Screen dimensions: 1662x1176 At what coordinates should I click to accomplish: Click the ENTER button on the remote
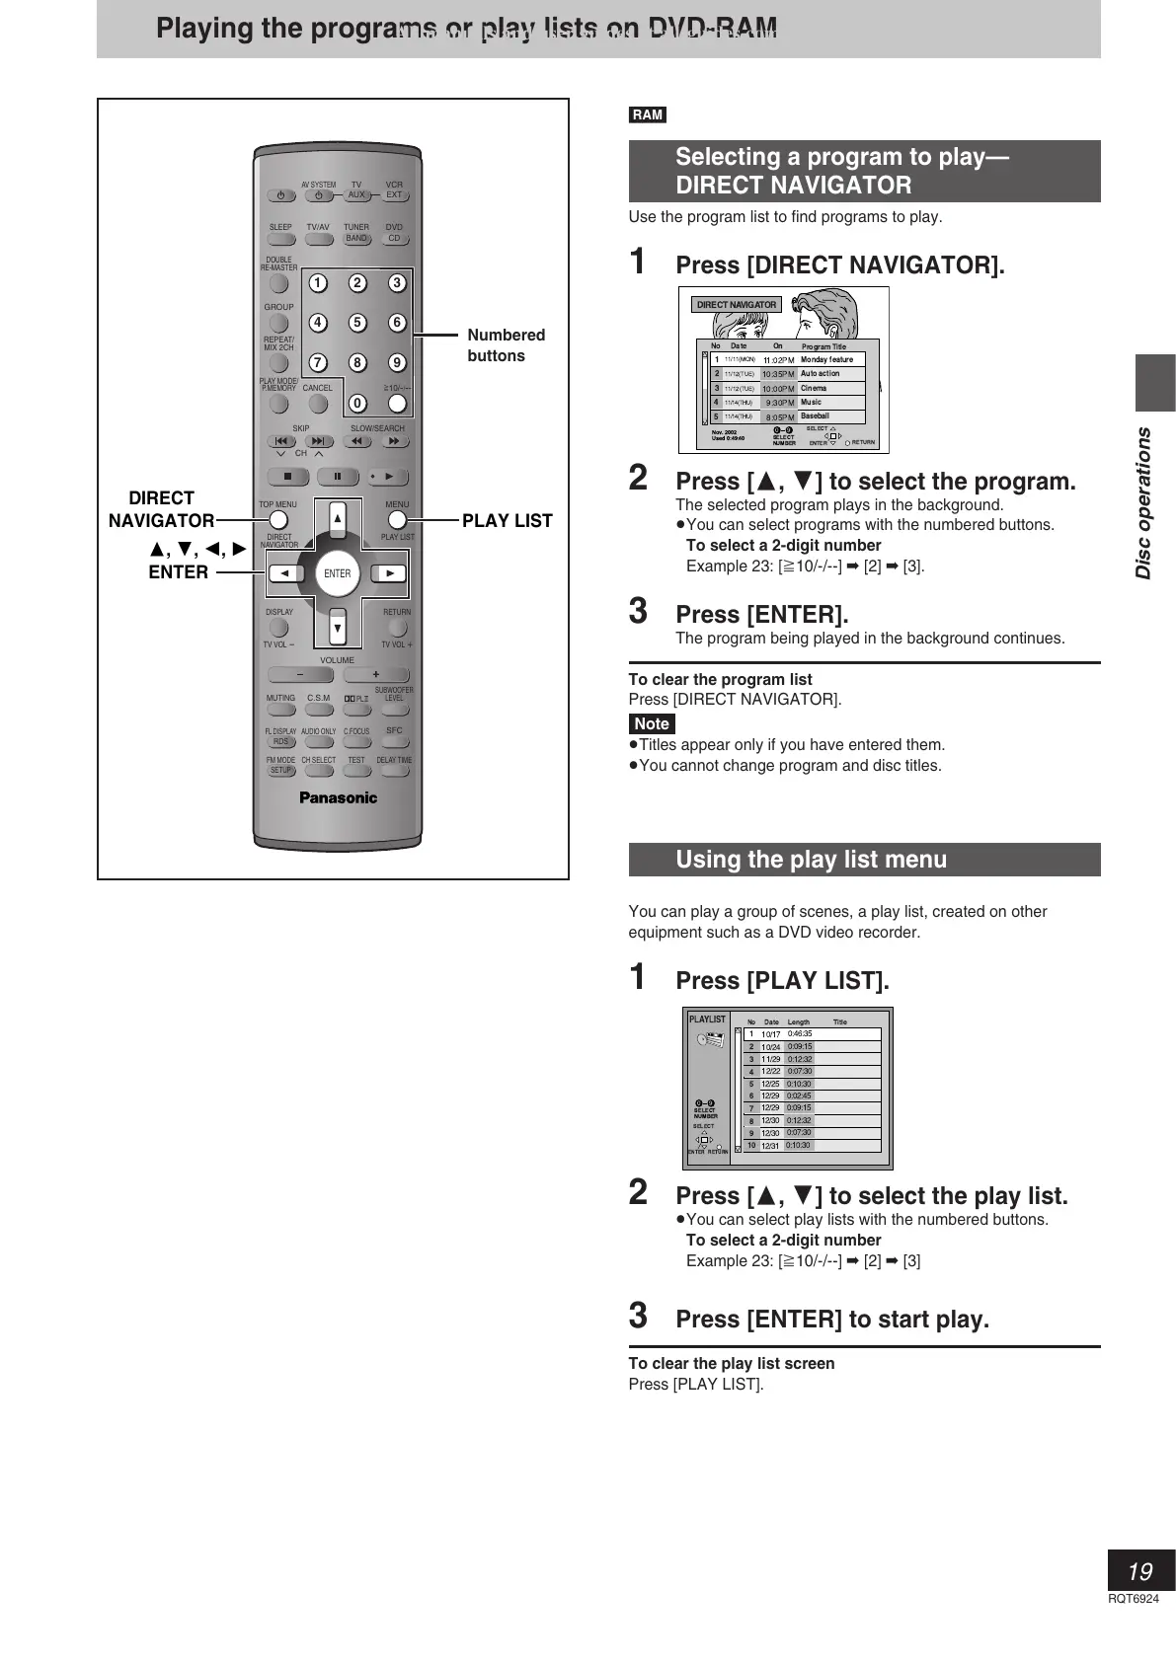337,573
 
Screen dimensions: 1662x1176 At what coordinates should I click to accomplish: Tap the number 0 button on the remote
357,403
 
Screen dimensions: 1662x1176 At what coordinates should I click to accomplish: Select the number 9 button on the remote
397,362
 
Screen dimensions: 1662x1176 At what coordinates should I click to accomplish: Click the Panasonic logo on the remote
338,797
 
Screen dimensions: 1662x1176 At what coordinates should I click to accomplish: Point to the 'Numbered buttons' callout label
506,345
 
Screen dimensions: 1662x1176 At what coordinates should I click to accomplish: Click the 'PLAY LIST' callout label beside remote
507,520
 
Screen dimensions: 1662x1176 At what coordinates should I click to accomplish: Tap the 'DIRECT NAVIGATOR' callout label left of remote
161,509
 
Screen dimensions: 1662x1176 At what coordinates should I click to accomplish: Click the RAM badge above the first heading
648,115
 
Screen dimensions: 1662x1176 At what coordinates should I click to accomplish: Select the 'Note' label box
652,723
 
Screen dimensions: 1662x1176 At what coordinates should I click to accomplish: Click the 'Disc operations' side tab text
1143,502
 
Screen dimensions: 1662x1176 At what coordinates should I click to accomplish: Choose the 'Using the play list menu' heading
811,860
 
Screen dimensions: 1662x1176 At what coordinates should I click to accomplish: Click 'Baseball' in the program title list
815,416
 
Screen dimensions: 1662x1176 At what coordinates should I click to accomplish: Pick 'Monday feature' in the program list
826,359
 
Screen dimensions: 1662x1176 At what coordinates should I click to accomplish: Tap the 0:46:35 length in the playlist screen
800,1033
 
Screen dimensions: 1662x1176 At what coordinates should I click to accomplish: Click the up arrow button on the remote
338,518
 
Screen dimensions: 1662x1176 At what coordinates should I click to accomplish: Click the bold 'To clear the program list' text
720,679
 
